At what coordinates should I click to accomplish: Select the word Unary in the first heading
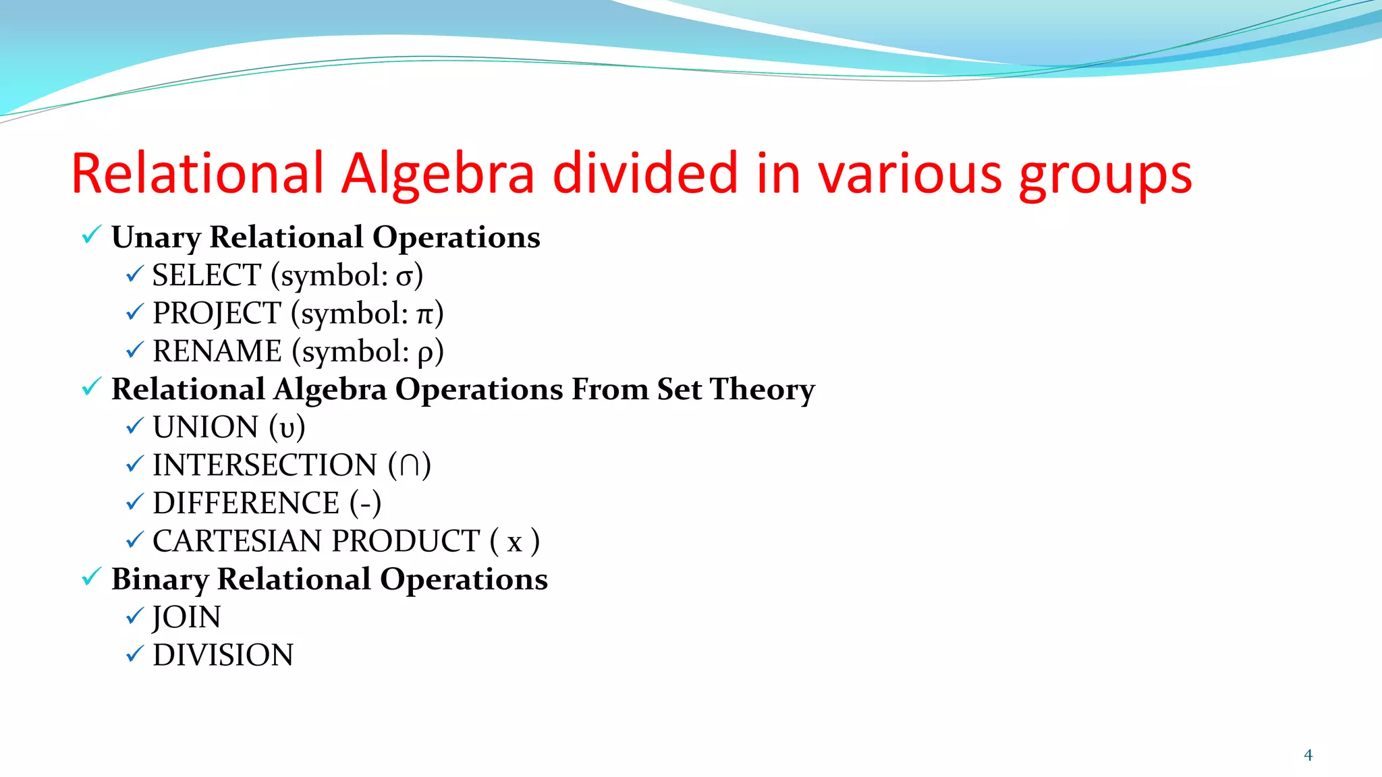[x=156, y=237]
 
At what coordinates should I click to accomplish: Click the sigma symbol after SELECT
[x=404, y=277]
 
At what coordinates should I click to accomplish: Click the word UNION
[x=206, y=427]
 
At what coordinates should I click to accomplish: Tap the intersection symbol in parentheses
[x=409, y=465]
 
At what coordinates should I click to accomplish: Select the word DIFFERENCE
[x=246, y=503]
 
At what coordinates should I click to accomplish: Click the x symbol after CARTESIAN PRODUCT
[x=514, y=542]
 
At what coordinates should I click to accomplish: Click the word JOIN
[x=186, y=617]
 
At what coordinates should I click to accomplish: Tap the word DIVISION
[x=223, y=655]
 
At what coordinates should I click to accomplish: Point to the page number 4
[x=1308, y=755]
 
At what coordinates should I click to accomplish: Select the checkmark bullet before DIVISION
[x=134, y=654]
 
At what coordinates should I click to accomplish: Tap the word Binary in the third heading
[x=159, y=579]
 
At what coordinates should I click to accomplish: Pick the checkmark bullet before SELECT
[x=134, y=274]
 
